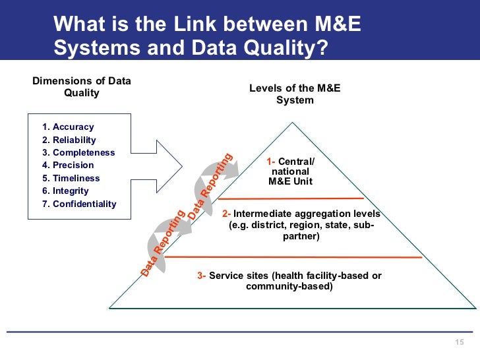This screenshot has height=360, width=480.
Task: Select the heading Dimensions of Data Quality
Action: [82, 87]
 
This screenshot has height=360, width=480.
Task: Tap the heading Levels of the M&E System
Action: [295, 94]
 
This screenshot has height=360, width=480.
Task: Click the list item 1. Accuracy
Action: [68, 127]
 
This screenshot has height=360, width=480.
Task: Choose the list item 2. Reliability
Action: [69, 140]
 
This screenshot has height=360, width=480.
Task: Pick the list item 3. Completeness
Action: [78, 152]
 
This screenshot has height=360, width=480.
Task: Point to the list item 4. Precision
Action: [68, 165]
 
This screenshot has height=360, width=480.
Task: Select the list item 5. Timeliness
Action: [71, 178]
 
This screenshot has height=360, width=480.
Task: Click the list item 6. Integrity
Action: [67, 191]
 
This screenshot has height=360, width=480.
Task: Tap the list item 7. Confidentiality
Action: [79, 204]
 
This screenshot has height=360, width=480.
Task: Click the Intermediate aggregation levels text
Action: [301, 225]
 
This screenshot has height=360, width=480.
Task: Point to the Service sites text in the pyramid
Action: [289, 281]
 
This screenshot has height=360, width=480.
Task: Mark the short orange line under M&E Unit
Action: [291, 198]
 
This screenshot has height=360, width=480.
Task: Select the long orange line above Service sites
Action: [296, 256]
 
